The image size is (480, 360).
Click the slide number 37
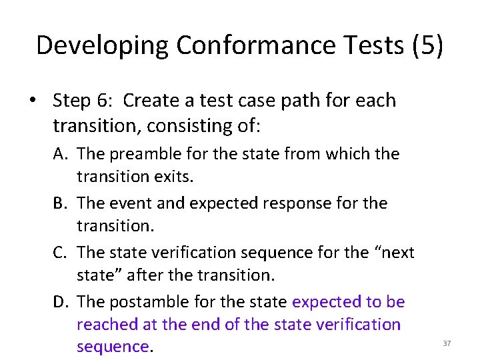point(447,343)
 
